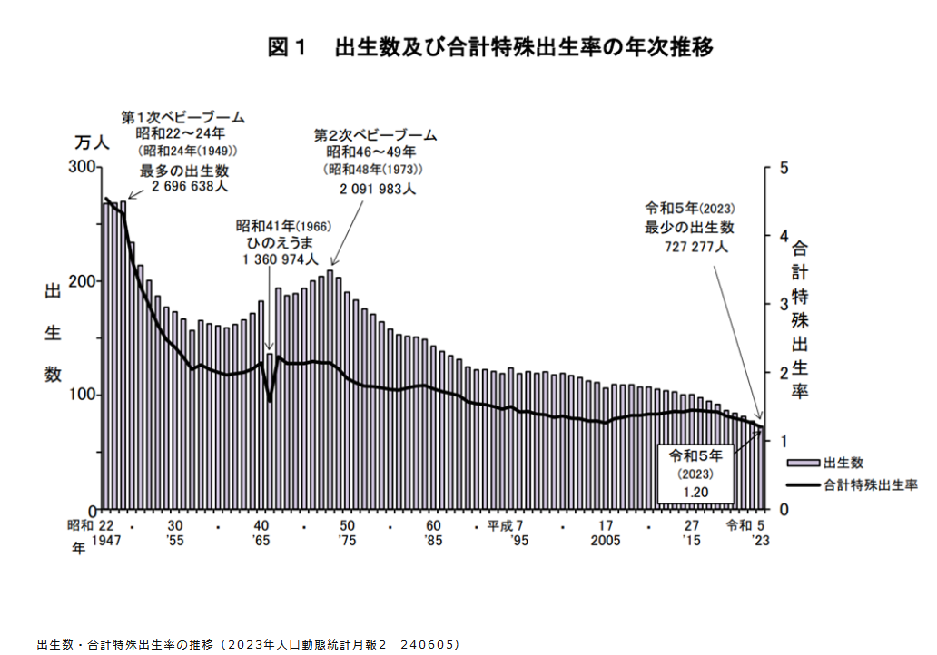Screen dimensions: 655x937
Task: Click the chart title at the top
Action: tap(490, 47)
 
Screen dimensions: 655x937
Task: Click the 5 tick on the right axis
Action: tap(771, 167)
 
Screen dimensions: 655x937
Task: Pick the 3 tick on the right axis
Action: tap(771, 304)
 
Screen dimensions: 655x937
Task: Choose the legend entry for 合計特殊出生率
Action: tap(871, 484)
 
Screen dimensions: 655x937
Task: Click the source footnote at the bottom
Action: tap(249, 644)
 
